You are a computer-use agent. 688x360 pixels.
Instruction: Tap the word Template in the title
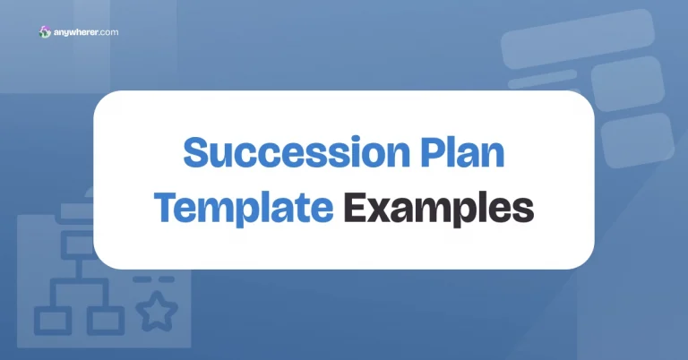(x=244, y=207)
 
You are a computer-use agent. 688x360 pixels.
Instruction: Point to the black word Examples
(x=439, y=207)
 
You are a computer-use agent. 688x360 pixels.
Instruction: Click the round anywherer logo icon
(x=46, y=32)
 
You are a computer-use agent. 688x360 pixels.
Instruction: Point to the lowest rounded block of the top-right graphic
(x=638, y=139)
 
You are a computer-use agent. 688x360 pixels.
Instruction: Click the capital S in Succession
(x=195, y=153)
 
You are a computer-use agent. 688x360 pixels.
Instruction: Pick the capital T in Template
(x=168, y=207)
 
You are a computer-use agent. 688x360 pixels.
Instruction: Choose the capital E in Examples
(x=357, y=207)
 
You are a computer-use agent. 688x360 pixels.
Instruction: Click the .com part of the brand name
(x=109, y=33)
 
